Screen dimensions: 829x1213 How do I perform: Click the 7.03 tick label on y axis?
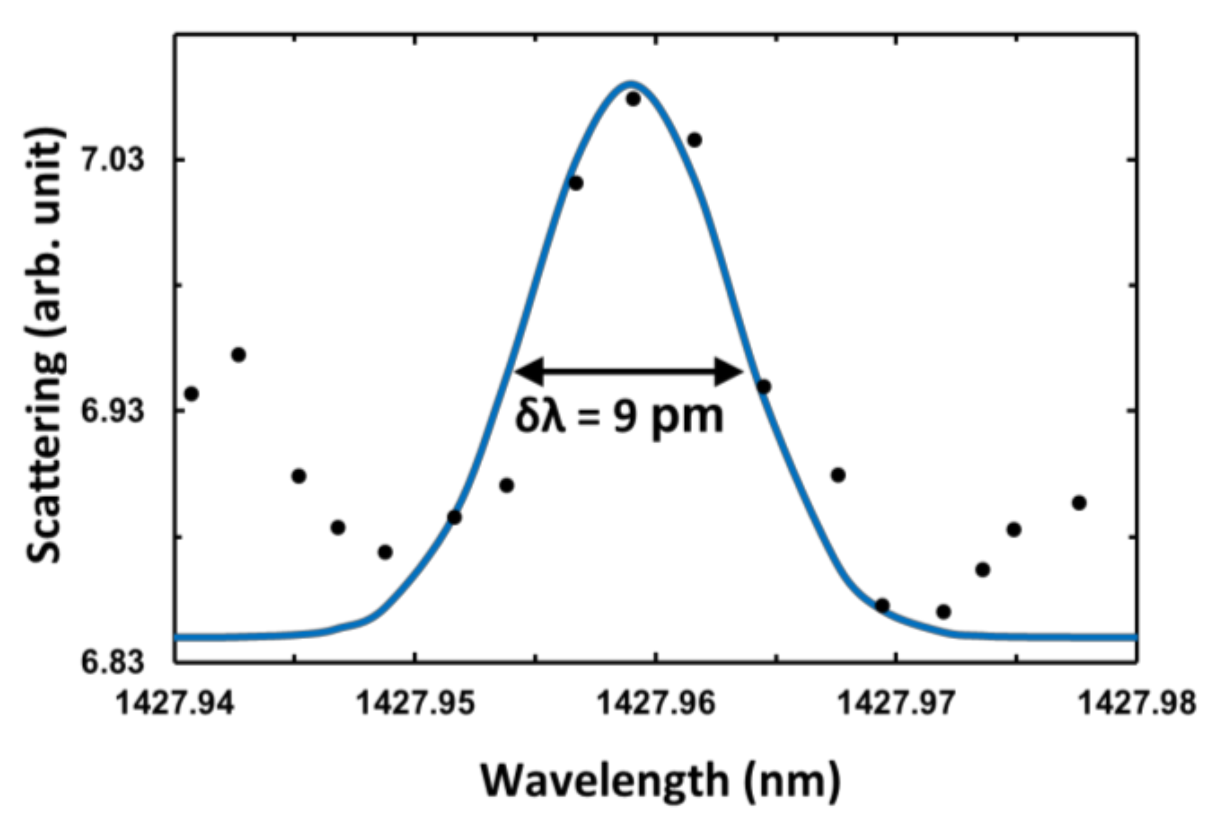pos(112,160)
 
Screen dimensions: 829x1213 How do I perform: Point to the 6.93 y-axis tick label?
pos(112,412)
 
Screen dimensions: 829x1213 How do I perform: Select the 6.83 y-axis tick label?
pos(112,663)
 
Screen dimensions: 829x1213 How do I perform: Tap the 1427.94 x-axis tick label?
pos(175,703)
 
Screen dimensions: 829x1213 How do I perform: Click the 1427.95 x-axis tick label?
pos(416,703)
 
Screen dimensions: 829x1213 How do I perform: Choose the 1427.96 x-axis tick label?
pos(656,703)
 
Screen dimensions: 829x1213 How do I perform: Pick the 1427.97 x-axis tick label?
pos(896,703)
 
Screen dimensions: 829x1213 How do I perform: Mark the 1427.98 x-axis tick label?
pos(1136,703)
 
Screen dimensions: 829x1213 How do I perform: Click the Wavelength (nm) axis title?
pos(660,781)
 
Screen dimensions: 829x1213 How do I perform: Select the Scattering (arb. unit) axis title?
pos(45,346)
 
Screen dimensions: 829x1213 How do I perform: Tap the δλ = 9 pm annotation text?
pos(620,416)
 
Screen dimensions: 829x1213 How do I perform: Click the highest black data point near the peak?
pos(633,99)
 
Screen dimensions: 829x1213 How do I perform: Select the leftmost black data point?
pos(191,394)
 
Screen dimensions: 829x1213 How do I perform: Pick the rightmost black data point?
pos(1079,503)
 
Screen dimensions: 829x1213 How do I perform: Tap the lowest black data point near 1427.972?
pos(943,612)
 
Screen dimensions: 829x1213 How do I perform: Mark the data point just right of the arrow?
pos(763,387)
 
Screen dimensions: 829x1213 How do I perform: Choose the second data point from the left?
pos(239,355)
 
